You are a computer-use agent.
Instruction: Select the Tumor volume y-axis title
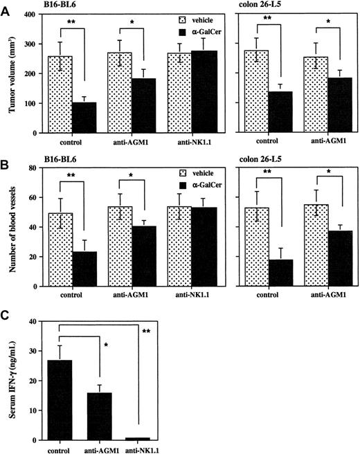(11, 73)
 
